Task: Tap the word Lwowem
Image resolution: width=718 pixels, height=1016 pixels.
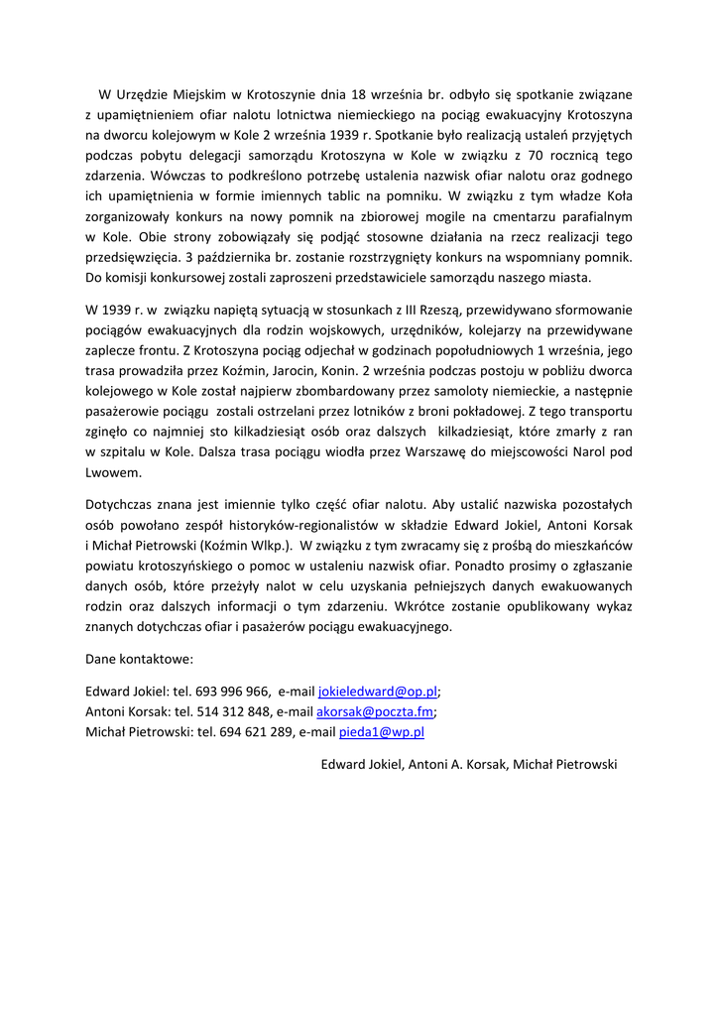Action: (x=114, y=471)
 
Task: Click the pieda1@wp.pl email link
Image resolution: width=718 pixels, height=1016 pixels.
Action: (x=382, y=731)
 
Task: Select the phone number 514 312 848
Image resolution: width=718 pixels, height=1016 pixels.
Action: (x=234, y=711)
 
